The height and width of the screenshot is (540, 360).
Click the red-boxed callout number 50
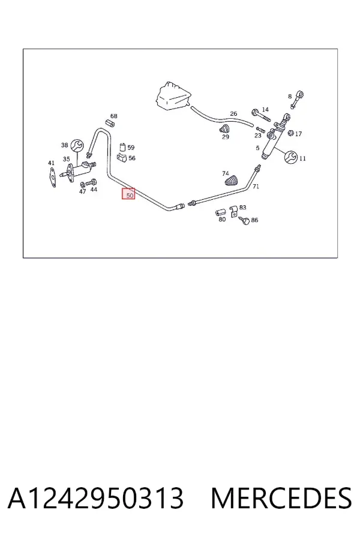pos(128,194)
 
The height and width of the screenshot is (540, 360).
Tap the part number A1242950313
pos(95,499)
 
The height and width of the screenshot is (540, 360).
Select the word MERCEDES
pos(281,499)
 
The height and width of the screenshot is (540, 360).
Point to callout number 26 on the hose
pos(233,113)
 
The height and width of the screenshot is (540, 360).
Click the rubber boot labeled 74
pos(232,181)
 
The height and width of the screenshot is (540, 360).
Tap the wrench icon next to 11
pos(291,157)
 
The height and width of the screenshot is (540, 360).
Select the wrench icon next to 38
pos(77,145)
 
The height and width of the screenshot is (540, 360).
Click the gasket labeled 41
pos(52,177)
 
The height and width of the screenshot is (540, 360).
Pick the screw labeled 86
pos(244,220)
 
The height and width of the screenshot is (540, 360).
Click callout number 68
pos(113,116)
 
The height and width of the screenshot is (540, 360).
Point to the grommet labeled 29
pos(224,130)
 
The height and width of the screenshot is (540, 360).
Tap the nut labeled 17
pos(290,133)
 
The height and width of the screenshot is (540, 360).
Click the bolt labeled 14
pos(261,115)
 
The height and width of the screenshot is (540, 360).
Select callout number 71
pos(256,187)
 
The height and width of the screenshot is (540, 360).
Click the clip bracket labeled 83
pos(233,211)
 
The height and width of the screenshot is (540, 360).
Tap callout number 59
pos(131,148)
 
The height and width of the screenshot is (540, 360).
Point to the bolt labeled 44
pos(92,182)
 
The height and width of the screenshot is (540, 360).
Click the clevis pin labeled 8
pos(297,99)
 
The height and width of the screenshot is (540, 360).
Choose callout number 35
pos(66,159)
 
